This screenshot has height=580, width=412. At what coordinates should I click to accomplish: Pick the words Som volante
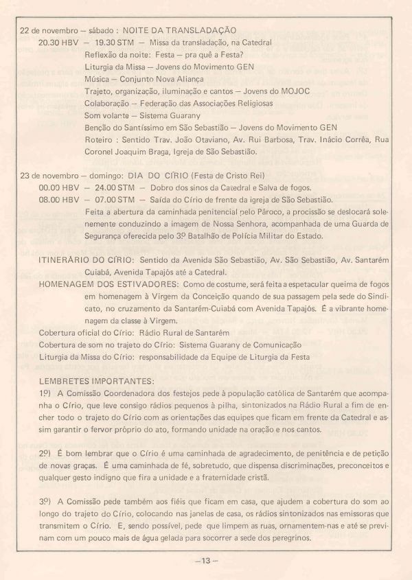(108, 115)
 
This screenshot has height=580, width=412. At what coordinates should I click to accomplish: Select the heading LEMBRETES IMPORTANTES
(98, 379)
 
